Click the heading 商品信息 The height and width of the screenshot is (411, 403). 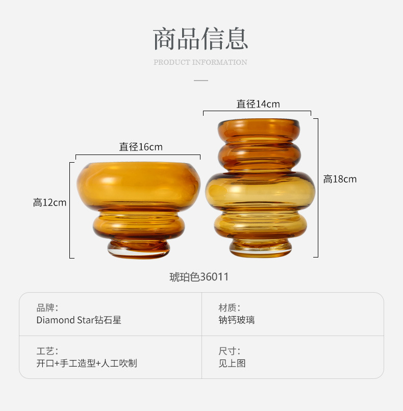(200, 39)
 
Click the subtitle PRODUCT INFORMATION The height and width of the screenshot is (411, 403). (200, 62)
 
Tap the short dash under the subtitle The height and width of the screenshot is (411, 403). (201, 80)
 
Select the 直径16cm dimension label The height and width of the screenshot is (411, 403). (141, 147)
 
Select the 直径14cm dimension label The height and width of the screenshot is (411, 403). (258, 104)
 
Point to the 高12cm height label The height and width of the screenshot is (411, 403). (50, 202)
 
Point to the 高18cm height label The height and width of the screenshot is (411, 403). (340, 179)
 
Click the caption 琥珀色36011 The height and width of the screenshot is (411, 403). (199, 277)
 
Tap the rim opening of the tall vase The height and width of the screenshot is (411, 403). (259, 123)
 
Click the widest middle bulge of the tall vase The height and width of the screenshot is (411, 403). (260, 191)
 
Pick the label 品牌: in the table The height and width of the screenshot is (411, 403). (47, 307)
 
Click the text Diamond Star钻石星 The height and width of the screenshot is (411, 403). (79, 320)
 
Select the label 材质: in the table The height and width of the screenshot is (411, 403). (229, 307)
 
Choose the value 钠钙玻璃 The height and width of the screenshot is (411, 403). (236, 320)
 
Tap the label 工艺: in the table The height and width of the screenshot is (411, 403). (47, 351)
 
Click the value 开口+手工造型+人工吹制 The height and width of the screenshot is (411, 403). (87, 364)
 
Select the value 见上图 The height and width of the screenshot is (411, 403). (232, 364)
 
